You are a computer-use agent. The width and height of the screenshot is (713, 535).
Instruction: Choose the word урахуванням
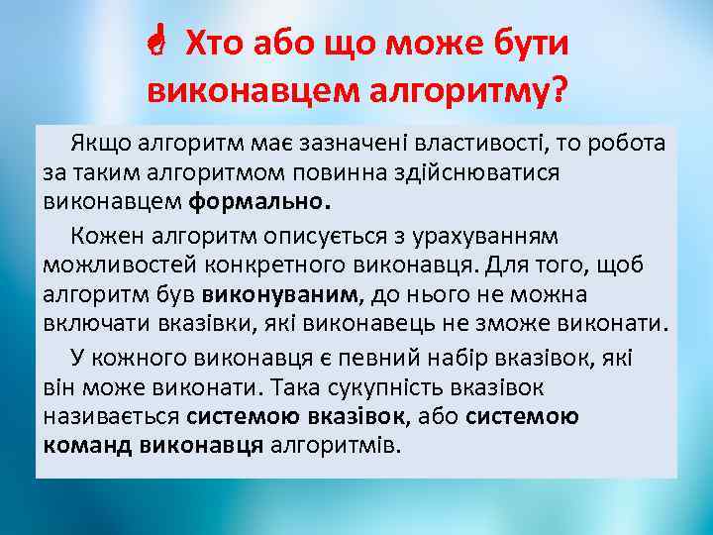[495, 237]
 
